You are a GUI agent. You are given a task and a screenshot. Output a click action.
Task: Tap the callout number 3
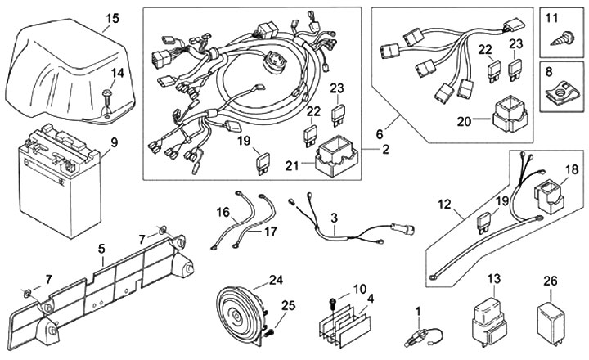coord(334,218)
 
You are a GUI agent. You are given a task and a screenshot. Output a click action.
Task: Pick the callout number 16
coord(223,211)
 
